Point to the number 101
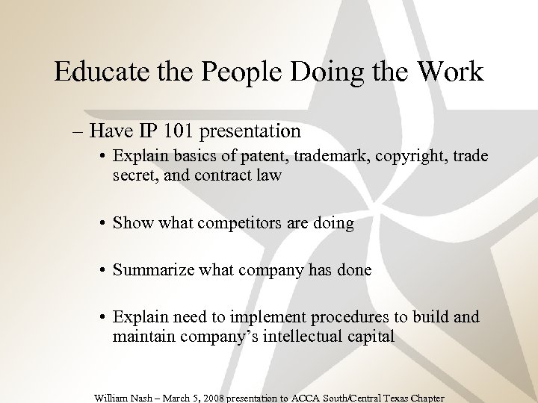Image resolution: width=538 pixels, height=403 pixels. click(179, 132)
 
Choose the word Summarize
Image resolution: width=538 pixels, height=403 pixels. click(153, 270)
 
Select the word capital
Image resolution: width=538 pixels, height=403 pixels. click(369, 337)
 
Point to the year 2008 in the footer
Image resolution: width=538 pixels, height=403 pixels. click(211, 398)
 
